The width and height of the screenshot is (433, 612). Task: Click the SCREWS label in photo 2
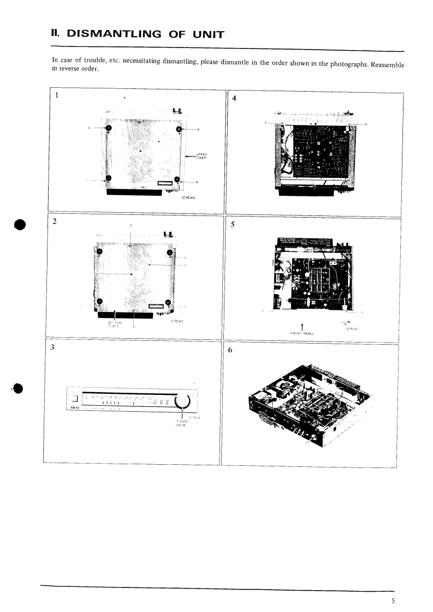coord(176,321)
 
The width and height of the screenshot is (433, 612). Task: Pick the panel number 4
coord(234,99)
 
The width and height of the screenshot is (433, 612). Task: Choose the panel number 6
coord(230,351)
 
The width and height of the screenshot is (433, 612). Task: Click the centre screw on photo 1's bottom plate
coord(140,150)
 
